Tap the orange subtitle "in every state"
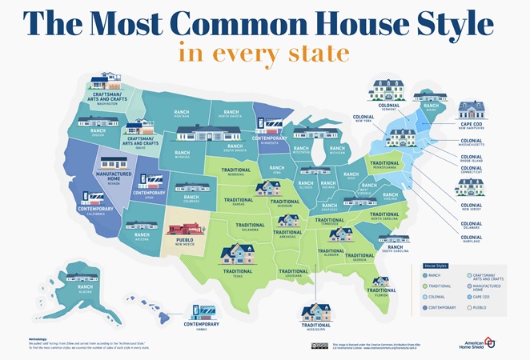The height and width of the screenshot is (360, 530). (264, 54)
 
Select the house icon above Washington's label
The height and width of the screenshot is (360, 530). (104, 82)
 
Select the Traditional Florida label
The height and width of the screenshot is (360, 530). (380, 294)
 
